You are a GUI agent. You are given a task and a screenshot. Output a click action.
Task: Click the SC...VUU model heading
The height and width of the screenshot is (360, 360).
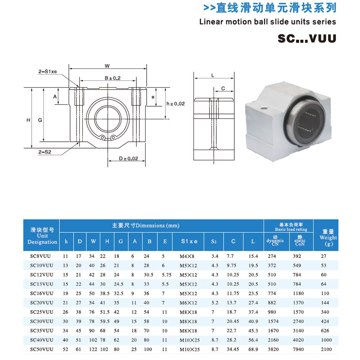(307, 38)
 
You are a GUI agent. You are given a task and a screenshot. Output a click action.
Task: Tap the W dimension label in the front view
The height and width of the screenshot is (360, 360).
(107, 66)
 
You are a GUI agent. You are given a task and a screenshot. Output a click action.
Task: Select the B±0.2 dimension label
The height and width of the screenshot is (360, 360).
(112, 78)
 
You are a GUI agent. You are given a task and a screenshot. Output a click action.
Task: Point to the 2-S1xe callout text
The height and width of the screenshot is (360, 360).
(48, 71)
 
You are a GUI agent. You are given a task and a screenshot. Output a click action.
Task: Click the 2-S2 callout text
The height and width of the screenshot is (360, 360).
(45, 152)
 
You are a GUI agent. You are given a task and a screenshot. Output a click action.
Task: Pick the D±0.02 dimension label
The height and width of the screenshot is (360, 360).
(128, 158)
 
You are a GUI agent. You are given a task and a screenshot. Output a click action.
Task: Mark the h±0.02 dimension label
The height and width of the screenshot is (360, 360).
(176, 104)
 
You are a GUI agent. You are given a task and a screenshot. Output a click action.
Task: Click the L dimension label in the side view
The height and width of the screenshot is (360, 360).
(213, 75)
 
